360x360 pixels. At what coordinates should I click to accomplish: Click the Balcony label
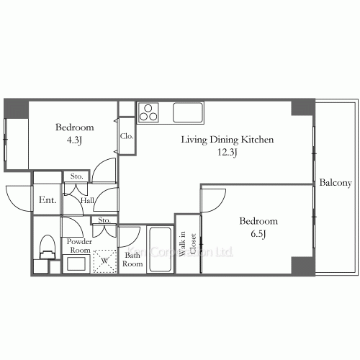pos(336,182)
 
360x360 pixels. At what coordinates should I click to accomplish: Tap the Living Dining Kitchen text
pos(226,140)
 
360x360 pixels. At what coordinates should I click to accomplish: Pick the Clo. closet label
pos(126,135)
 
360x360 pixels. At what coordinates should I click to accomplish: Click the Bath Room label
pos(132,259)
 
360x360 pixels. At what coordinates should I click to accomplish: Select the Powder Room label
pos(79,246)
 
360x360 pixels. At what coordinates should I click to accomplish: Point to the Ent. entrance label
pos(48,200)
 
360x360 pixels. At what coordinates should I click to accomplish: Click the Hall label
pos(87,201)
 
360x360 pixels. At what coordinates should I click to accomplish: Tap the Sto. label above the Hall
pos(76,176)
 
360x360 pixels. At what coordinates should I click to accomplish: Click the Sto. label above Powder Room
pos(104,220)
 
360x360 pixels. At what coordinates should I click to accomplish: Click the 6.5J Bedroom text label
pos(258,222)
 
